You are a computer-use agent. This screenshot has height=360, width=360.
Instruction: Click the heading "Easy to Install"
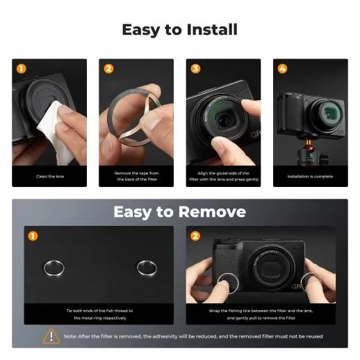click(179, 30)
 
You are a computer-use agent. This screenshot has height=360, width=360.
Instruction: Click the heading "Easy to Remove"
click(179, 211)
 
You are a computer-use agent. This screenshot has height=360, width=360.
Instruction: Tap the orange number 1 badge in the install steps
click(21, 69)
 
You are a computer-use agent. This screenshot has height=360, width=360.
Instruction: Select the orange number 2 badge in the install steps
click(108, 69)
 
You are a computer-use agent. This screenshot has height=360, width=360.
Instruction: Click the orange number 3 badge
click(195, 69)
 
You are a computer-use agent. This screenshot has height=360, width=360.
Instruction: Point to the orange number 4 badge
click(282, 69)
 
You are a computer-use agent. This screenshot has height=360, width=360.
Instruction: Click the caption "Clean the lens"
click(49, 177)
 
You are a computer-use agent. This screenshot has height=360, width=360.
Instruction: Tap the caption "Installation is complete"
click(310, 177)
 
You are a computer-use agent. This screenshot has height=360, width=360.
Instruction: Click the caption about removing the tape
click(136, 177)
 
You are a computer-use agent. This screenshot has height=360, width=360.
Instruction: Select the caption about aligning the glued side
click(223, 177)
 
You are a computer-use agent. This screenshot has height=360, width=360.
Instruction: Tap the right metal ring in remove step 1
click(147, 268)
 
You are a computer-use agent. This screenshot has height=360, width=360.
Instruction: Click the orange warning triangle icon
click(51, 336)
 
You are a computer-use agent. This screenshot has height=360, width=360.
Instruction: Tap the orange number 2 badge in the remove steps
click(195, 236)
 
